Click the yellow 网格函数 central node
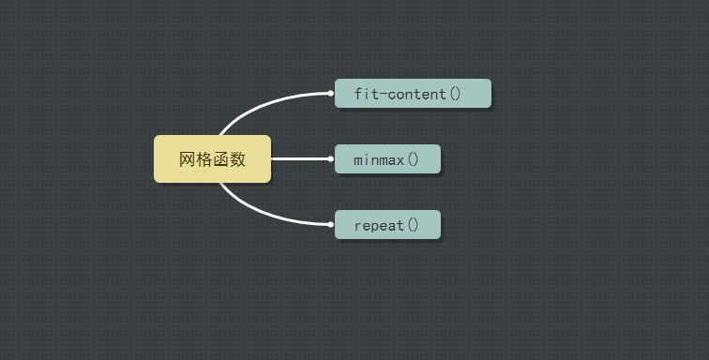click(x=213, y=158)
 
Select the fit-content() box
click(x=413, y=93)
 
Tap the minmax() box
click(x=387, y=158)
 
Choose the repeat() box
click(x=387, y=224)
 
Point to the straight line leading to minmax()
click(x=301, y=158)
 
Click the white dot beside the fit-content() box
click(x=330, y=93)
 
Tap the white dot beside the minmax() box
click(x=330, y=158)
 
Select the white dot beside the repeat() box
click(x=330, y=224)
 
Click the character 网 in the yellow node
click(x=188, y=159)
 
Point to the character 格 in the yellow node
click(x=204, y=159)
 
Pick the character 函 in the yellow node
click(x=220, y=159)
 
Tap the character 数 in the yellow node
click(x=237, y=159)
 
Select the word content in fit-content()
click(x=417, y=94)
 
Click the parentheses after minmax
click(x=413, y=159)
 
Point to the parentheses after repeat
click(x=413, y=225)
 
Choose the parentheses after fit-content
click(x=455, y=94)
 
